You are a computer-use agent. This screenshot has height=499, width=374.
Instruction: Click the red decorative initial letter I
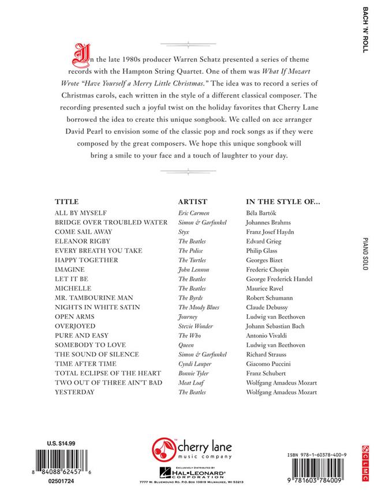[x=73, y=55]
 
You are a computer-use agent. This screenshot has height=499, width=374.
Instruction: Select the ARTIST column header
[x=192, y=202]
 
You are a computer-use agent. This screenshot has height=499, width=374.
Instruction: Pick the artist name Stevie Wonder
[x=196, y=326]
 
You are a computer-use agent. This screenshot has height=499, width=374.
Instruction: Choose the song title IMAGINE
[x=69, y=270]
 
